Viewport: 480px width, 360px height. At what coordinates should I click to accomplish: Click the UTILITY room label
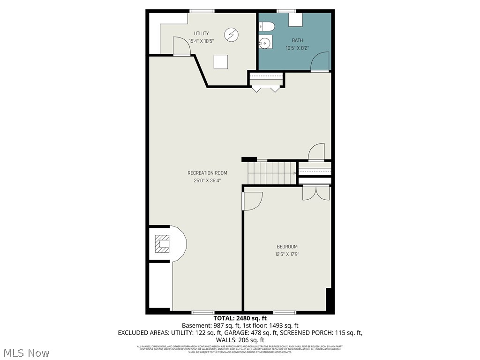(x=201, y=33)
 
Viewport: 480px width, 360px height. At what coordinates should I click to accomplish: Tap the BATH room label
(x=298, y=40)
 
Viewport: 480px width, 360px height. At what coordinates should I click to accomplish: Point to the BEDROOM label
(x=286, y=247)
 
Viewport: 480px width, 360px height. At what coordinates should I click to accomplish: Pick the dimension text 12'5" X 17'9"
(x=286, y=254)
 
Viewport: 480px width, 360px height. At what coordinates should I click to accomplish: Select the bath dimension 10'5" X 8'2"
(x=298, y=48)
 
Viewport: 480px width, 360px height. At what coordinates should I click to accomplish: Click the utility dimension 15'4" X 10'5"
(x=201, y=41)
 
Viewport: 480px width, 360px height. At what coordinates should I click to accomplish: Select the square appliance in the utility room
(x=221, y=62)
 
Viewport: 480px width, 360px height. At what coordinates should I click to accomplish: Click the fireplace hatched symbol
(x=162, y=244)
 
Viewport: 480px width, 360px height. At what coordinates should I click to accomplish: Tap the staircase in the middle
(x=272, y=172)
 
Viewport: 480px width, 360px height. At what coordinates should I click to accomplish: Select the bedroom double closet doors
(x=316, y=192)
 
